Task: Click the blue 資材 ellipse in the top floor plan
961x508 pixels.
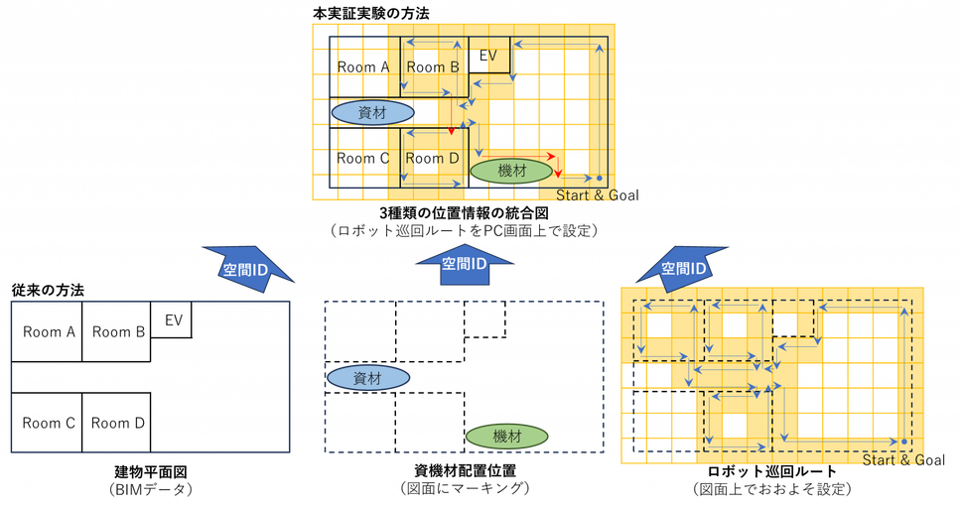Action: pyautogui.click(x=372, y=111)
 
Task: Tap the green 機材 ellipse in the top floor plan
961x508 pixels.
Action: pyautogui.click(x=511, y=171)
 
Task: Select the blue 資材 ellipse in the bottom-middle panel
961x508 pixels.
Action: pyautogui.click(x=368, y=377)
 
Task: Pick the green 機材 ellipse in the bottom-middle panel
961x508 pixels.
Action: pyautogui.click(x=507, y=436)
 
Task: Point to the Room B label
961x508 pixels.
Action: pyautogui.click(x=433, y=67)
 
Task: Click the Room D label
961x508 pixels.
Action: pyautogui.click(x=433, y=159)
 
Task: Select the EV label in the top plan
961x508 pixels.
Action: pyautogui.click(x=487, y=55)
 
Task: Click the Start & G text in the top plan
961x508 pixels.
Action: pyautogui.click(x=586, y=195)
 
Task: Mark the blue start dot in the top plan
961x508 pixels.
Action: pyautogui.click(x=599, y=178)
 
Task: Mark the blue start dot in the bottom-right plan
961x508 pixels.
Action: pyautogui.click(x=904, y=442)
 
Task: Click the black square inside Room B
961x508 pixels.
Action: pyautogui.click(x=427, y=60)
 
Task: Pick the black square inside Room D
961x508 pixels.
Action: pyautogui.click(x=427, y=164)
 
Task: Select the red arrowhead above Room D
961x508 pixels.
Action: pyautogui.click(x=451, y=131)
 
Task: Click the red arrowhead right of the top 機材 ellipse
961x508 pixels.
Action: pyautogui.click(x=558, y=173)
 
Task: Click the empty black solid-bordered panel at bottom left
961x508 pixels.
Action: pyautogui.click(x=151, y=377)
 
